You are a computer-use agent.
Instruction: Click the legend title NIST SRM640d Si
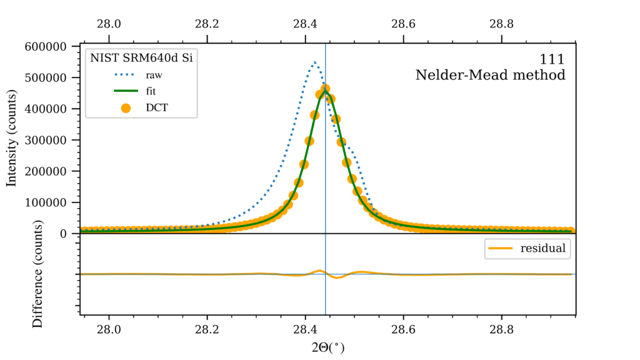141,58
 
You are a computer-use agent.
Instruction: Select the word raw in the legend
154,75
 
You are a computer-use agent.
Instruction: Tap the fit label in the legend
151,91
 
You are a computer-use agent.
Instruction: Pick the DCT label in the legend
156,107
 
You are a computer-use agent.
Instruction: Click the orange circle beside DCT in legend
125,107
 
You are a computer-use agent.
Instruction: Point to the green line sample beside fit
125,91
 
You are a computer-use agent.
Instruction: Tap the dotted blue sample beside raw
125,75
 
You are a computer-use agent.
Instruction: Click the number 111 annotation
552,59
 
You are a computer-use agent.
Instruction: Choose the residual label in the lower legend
542,249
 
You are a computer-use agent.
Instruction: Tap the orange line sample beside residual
500,249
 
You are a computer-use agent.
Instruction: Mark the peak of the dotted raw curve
315,62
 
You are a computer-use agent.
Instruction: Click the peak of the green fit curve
325,91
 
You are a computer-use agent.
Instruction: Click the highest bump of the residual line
319,271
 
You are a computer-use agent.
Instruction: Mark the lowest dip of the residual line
337,277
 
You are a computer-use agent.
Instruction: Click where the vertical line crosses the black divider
325,234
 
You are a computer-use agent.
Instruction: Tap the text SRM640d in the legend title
147,58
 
